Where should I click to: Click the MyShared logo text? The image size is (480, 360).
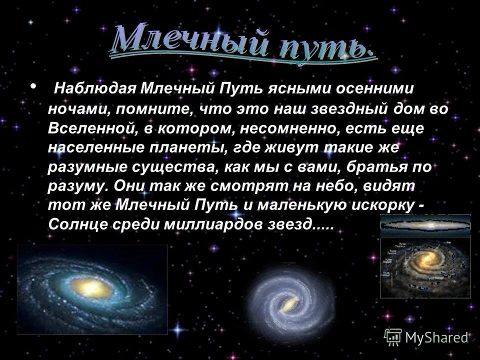coord(436,337)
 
